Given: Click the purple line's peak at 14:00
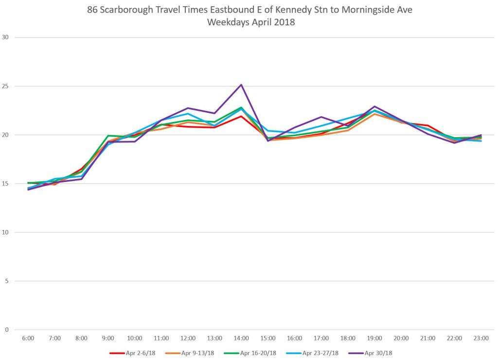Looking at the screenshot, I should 241,85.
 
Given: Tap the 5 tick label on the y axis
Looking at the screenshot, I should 7,281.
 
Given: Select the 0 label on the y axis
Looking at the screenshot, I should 7,329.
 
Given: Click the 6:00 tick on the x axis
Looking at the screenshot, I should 28,338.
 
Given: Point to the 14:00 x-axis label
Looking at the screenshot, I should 241,338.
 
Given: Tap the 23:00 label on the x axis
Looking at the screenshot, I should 480,338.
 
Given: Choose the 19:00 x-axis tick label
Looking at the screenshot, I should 374,338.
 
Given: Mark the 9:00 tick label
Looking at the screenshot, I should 108,338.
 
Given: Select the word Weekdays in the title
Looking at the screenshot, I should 227,22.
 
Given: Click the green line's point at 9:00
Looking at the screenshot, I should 108,136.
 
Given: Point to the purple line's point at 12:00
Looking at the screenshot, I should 188,108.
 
